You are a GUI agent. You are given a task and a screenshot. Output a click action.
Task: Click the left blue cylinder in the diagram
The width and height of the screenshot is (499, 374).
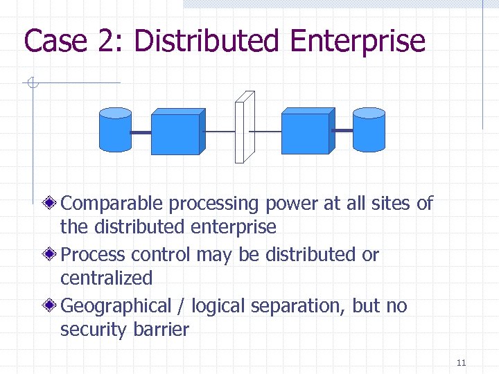tap(115, 130)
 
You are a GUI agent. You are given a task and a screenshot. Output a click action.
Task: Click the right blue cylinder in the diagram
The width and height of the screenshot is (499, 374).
tap(369, 130)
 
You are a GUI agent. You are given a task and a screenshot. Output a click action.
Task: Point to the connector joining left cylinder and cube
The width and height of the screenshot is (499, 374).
tap(141, 132)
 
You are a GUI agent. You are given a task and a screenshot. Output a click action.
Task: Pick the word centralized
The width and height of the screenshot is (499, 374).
tap(106, 278)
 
